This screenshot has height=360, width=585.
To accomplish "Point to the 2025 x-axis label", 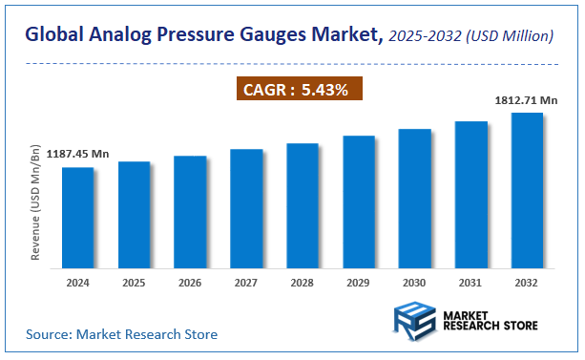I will click(x=135, y=284).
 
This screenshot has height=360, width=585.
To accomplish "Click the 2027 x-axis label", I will click(x=246, y=284).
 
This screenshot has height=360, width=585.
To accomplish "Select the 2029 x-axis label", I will click(x=359, y=284).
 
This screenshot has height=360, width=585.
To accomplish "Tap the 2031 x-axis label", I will click(x=470, y=284).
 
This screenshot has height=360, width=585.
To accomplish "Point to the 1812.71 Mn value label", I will click(x=526, y=99).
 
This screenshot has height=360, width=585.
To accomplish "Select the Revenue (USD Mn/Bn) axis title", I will click(x=35, y=206).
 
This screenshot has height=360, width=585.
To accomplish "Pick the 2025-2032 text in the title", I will click(x=425, y=37).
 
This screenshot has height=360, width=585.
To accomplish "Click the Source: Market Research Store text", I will click(x=122, y=334).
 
